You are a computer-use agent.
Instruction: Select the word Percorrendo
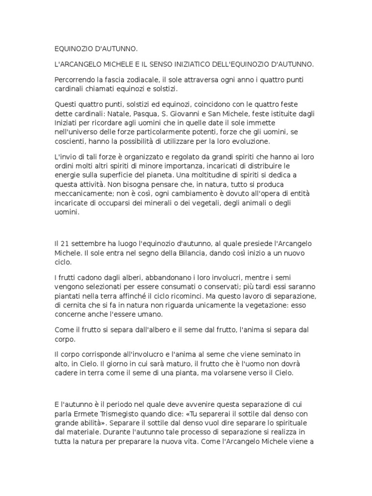click(x=75, y=80)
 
